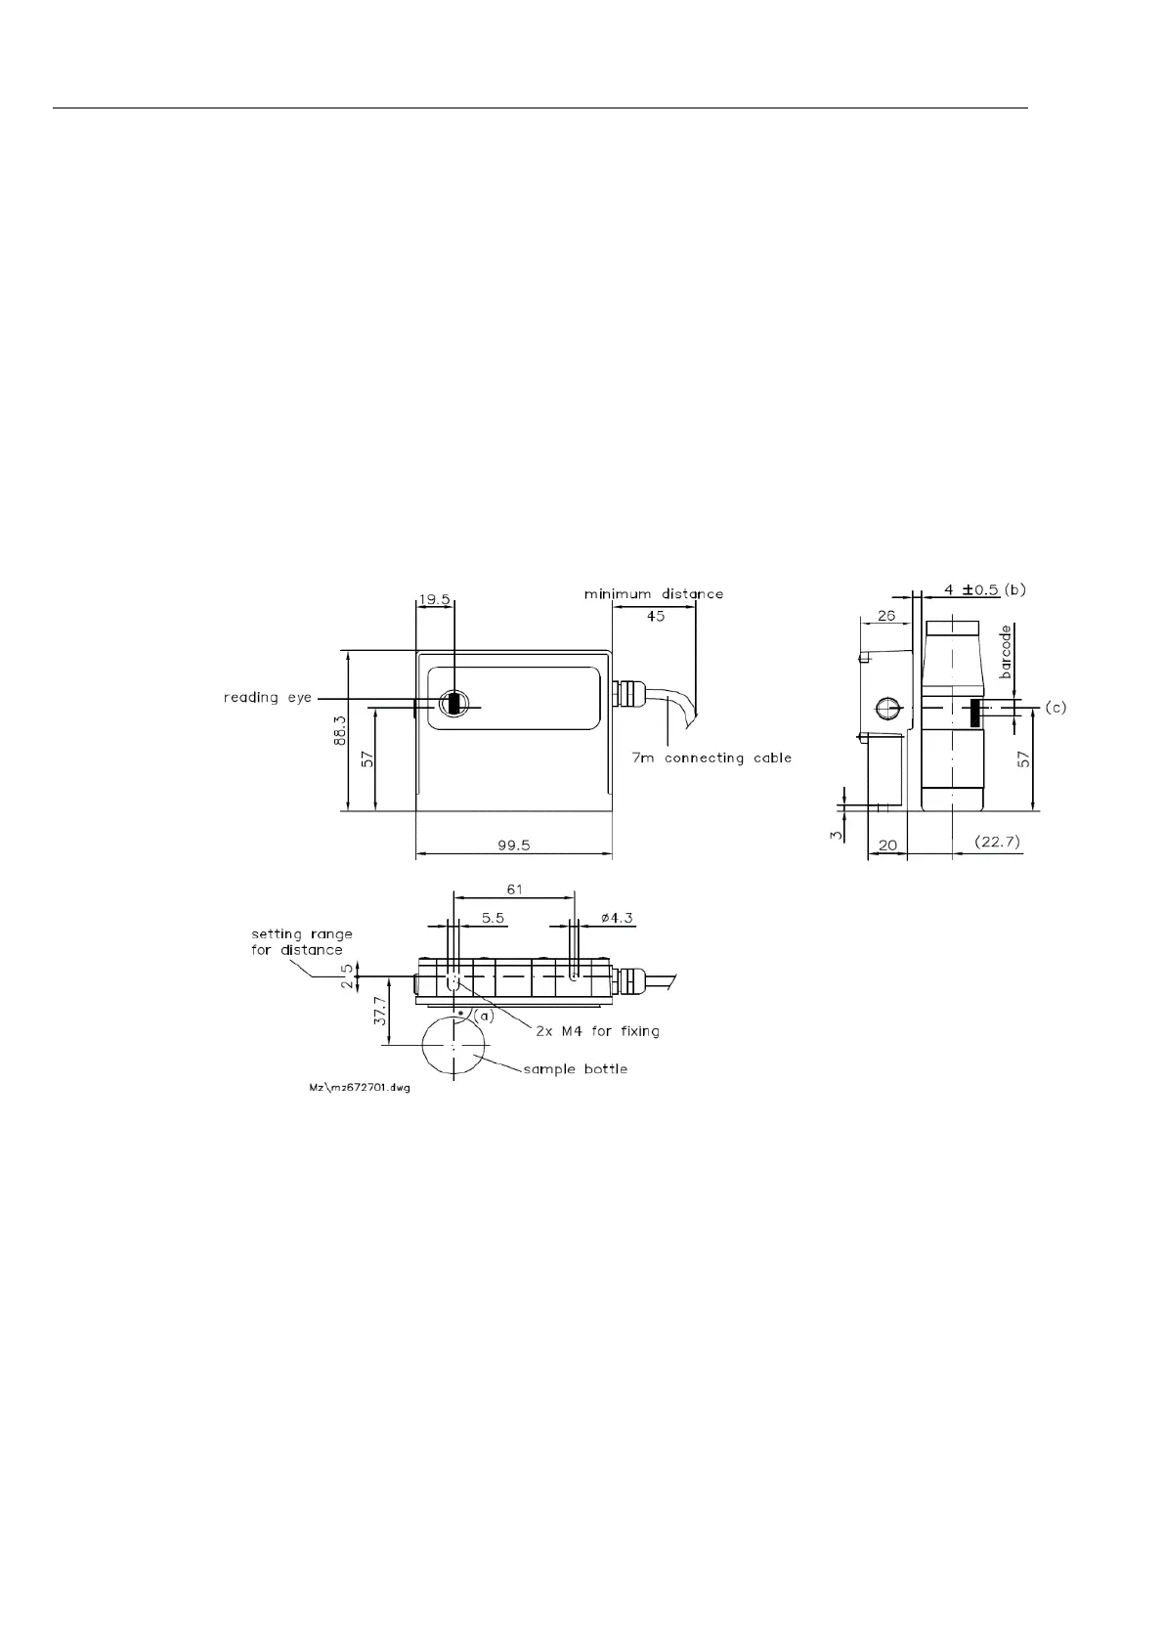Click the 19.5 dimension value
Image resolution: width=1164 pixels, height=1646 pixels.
434,599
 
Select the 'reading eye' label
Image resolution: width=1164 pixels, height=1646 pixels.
268,697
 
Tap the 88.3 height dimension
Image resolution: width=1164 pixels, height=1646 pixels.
340,730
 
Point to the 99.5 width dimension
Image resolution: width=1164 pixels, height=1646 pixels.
514,845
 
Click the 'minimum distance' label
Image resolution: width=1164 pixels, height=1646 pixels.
653,593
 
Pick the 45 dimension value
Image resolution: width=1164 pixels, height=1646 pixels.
656,616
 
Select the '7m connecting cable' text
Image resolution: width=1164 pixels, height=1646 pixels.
711,758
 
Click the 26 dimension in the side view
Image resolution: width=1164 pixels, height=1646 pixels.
886,616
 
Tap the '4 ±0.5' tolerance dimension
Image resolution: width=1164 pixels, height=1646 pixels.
970,589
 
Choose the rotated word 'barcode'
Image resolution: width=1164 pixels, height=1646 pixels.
1006,652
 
